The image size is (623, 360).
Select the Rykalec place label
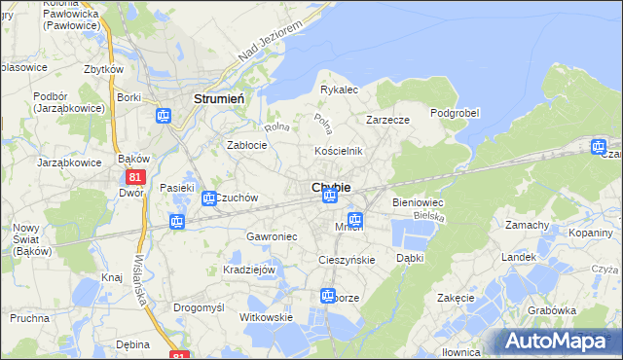pyautogui.click(x=340, y=90)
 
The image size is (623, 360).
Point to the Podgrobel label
pyautogui.click(x=455, y=113)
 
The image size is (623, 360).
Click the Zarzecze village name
pyautogui.click(x=386, y=120)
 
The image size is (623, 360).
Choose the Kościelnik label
pyautogui.click(x=338, y=151)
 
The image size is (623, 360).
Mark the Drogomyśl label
pyautogui.click(x=199, y=306)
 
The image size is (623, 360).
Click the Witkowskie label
pyautogui.click(x=267, y=318)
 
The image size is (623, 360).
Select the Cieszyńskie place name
pyautogui.click(x=347, y=260)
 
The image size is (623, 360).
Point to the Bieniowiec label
pyautogui.click(x=418, y=201)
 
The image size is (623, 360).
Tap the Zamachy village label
pyautogui.click(x=528, y=225)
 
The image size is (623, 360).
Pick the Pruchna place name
pyautogui.click(x=31, y=318)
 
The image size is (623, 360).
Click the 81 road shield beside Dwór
pyautogui.click(x=136, y=177)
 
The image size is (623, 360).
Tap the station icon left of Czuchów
pyautogui.click(x=208, y=198)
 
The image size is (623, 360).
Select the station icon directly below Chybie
pyautogui.click(x=330, y=198)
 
